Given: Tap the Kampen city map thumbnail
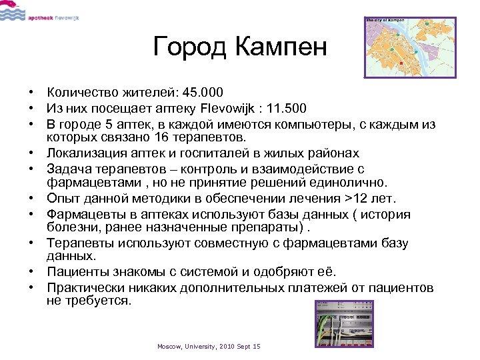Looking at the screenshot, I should pyautogui.click(x=410, y=47).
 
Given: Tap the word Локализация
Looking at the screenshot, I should pyautogui.click(x=87, y=153).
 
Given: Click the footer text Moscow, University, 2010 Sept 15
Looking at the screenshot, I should pyautogui.click(x=209, y=347).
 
